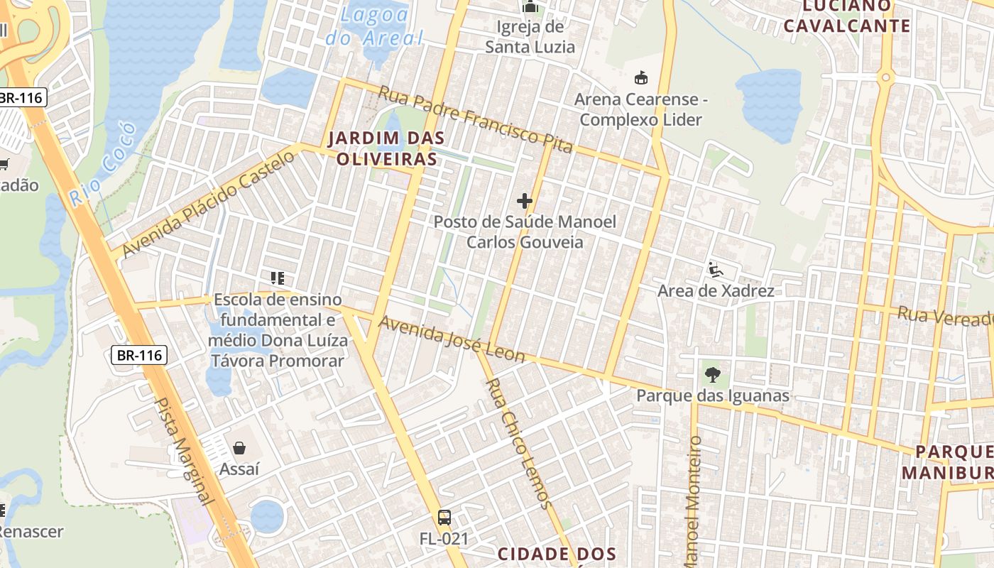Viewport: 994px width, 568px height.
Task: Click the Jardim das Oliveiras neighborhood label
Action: [x=386, y=148]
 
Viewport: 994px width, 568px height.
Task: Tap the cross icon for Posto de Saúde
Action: [x=525, y=201]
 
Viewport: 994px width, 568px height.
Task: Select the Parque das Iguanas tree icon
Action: [x=712, y=374]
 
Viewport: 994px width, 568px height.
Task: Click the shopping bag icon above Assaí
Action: [x=239, y=448]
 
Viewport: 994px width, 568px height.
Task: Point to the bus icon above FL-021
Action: [x=444, y=517]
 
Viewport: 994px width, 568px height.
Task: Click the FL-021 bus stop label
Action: [x=444, y=539]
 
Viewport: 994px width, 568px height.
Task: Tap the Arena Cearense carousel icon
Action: [x=640, y=77]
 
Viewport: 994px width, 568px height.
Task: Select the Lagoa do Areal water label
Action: [x=374, y=26]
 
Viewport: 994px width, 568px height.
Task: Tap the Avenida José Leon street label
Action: [x=452, y=339]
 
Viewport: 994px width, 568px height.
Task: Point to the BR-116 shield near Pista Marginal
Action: [x=139, y=355]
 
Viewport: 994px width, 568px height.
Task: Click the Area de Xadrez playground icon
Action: [x=715, y=270]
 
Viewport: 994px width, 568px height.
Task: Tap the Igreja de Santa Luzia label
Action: [x=530, y=37]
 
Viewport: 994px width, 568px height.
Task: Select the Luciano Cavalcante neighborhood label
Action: [x=856, y=16]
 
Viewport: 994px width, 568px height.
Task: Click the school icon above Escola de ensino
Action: [x=277, y=278]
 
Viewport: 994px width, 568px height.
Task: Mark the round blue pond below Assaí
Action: [x=267, y=516]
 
